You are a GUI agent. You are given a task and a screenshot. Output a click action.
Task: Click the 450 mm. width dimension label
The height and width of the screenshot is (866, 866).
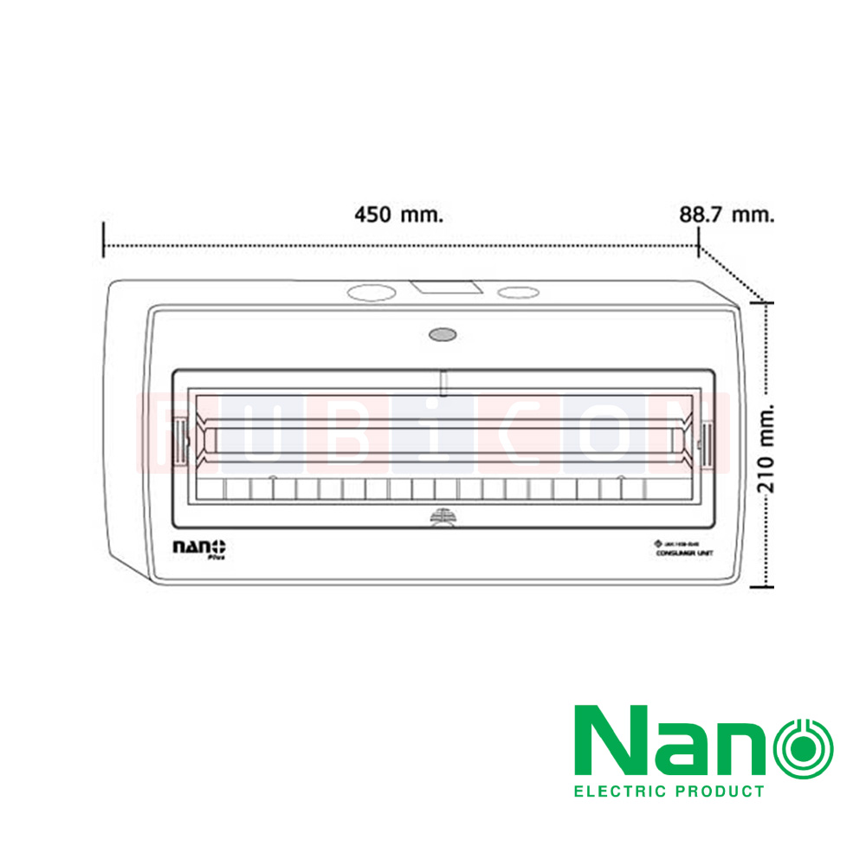[398, 215]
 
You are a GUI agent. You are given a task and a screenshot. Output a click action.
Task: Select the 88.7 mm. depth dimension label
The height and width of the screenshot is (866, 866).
[726, 215]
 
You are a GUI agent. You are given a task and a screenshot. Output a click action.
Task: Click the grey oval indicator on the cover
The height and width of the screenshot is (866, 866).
[442, 333]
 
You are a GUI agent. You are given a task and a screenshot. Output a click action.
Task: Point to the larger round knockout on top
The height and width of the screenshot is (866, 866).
[370, 293]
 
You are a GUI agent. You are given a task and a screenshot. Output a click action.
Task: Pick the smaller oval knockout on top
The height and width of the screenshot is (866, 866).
[517, 293]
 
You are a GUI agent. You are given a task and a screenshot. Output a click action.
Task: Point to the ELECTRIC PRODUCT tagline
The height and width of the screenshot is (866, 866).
[669, 791]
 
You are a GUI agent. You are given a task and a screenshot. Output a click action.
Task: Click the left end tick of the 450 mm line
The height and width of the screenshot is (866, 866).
[104, 239]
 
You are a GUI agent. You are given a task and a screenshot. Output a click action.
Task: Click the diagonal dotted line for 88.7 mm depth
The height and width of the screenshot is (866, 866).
[732, 275]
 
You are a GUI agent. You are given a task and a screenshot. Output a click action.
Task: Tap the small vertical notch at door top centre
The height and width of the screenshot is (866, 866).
[443, 381]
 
